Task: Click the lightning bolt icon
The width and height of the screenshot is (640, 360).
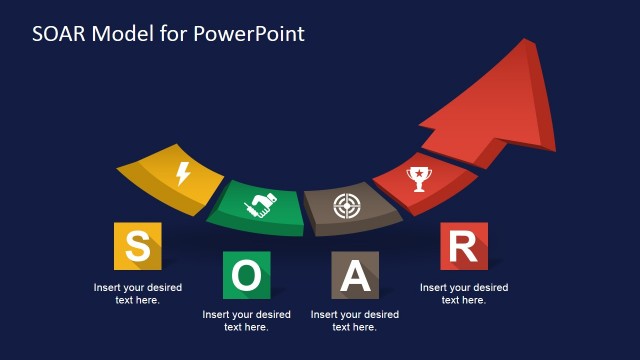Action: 182,174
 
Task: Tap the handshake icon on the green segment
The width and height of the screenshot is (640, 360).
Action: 260,204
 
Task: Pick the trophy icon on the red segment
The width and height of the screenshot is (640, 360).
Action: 418,179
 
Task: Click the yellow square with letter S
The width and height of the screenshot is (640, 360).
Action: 138,246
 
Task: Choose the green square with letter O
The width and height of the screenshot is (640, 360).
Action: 246,275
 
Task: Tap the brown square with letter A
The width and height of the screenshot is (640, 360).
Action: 355,275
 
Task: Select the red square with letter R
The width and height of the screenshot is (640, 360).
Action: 463,246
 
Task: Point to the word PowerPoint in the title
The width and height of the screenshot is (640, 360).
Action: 254,33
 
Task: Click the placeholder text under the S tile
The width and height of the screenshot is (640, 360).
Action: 138,294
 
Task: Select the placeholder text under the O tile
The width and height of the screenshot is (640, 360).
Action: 246,321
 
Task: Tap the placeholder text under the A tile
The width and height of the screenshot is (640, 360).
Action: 355,321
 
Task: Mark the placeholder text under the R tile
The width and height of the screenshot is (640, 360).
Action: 463,294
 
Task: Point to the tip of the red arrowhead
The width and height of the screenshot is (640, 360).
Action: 525,41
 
